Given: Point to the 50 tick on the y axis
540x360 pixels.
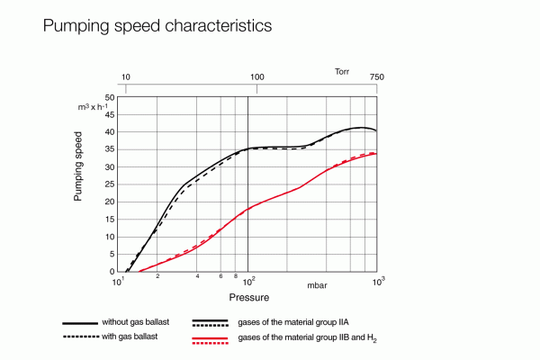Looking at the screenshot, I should click(110, 97).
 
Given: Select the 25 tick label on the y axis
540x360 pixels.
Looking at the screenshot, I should click(110, 184).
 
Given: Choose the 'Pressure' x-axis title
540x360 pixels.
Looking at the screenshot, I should click(249, 296).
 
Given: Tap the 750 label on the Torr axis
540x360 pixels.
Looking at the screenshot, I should click(377, 78).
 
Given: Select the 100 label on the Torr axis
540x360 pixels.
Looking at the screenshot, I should click(257, 78).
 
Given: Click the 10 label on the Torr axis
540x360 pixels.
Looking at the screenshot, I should click(126, 78).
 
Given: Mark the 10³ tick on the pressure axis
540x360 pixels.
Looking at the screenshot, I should click(379, 282).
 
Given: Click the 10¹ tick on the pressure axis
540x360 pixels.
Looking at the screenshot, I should click(117, 282).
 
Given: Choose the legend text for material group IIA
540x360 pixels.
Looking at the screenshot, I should click(299, 321).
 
